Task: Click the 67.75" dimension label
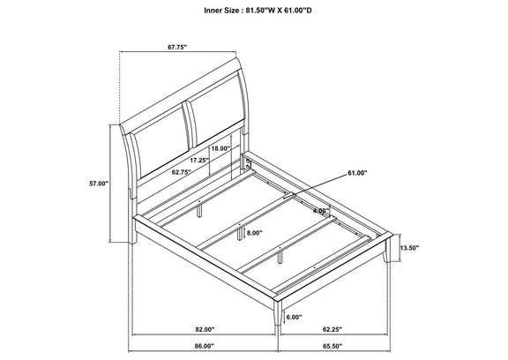tap(177, 47)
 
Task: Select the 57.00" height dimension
tap(99, 184)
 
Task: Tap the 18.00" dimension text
tap(220, 148)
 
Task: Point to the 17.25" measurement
tap(199, 160)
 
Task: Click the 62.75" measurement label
tap(182, 172)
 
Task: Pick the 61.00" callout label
tap(358, 173)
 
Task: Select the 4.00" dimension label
tap(321, 211)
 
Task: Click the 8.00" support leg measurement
tap(254, 233)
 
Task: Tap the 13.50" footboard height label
tap(409, 248)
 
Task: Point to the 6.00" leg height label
tap(295, 317)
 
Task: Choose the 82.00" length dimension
tap(205, 329)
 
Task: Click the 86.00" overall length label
tap(205, 346)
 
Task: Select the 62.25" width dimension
tap(332, 329)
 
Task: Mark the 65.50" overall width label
tap(332, 346)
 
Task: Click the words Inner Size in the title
tap(221, 11)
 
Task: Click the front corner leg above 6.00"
tap(278, 311)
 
